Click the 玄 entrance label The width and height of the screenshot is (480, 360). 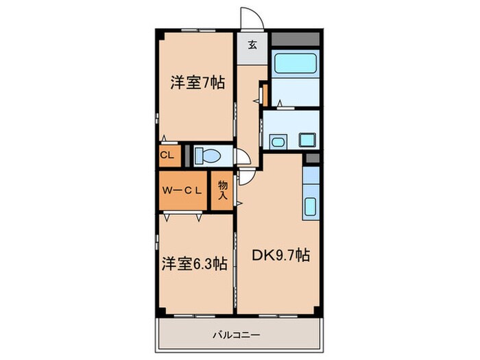[252, 46]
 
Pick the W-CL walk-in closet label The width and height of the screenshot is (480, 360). [181, 191]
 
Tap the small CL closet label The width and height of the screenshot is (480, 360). [167, 155]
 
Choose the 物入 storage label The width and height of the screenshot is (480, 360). [223, 191]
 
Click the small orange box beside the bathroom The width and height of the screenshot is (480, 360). [264, 93]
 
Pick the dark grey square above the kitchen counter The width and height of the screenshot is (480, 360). [312, 159]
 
